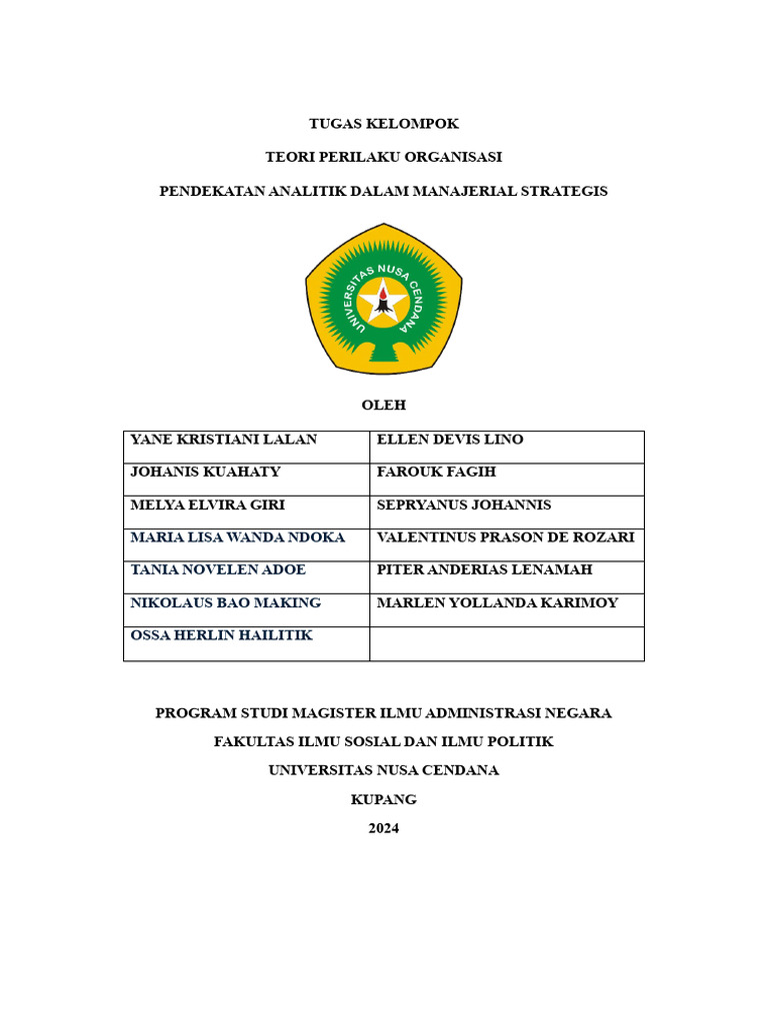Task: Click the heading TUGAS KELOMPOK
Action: (x=384, y=124)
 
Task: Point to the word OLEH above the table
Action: (x=383, y=405)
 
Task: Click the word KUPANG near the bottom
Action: (x=383, y=799)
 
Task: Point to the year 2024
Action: (x=383, y=828)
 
